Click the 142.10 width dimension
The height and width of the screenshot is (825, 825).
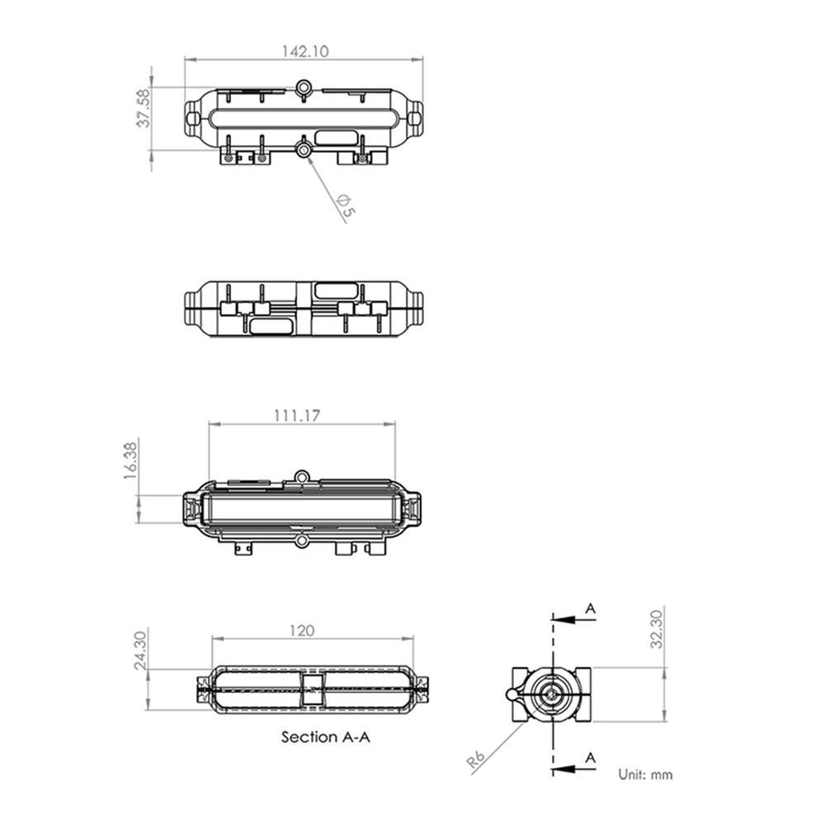point(305,51)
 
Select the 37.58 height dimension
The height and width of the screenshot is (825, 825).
point(144,108)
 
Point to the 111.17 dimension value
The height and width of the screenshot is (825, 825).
point(297,416)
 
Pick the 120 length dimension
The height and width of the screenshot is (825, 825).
point(303,630)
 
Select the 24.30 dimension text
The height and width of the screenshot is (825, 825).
point(141,649)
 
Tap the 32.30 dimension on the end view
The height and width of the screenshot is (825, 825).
point(656,629)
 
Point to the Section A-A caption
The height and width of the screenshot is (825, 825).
point(326,737)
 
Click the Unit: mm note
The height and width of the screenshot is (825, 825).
point(645,775)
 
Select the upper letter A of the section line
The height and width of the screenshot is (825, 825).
point(591,609)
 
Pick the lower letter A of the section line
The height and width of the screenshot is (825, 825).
point(591,757)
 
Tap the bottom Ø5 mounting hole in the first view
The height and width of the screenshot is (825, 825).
point(304,149)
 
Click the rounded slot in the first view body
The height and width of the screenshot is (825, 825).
point(335,137)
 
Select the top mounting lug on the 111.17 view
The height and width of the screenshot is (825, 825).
point(303,476)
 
